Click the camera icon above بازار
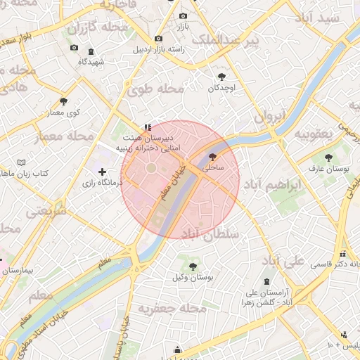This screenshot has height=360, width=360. coord(183,15)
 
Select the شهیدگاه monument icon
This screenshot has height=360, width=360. coord(91,52)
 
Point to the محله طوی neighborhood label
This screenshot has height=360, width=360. coord(155,89)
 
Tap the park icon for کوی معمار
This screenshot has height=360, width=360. coord(63,102)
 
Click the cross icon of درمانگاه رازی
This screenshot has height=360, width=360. coord(103,172)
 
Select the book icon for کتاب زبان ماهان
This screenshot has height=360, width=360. coord(21,162)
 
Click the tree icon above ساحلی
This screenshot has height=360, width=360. coord(213,157)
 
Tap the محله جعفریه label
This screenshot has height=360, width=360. coord(172,308)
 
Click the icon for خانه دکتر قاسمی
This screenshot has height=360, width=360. coord(342,254)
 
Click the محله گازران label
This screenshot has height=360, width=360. coord(100,27)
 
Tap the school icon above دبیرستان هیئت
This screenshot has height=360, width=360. coord(147,127)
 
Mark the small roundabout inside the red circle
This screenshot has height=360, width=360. coord(150,169)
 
